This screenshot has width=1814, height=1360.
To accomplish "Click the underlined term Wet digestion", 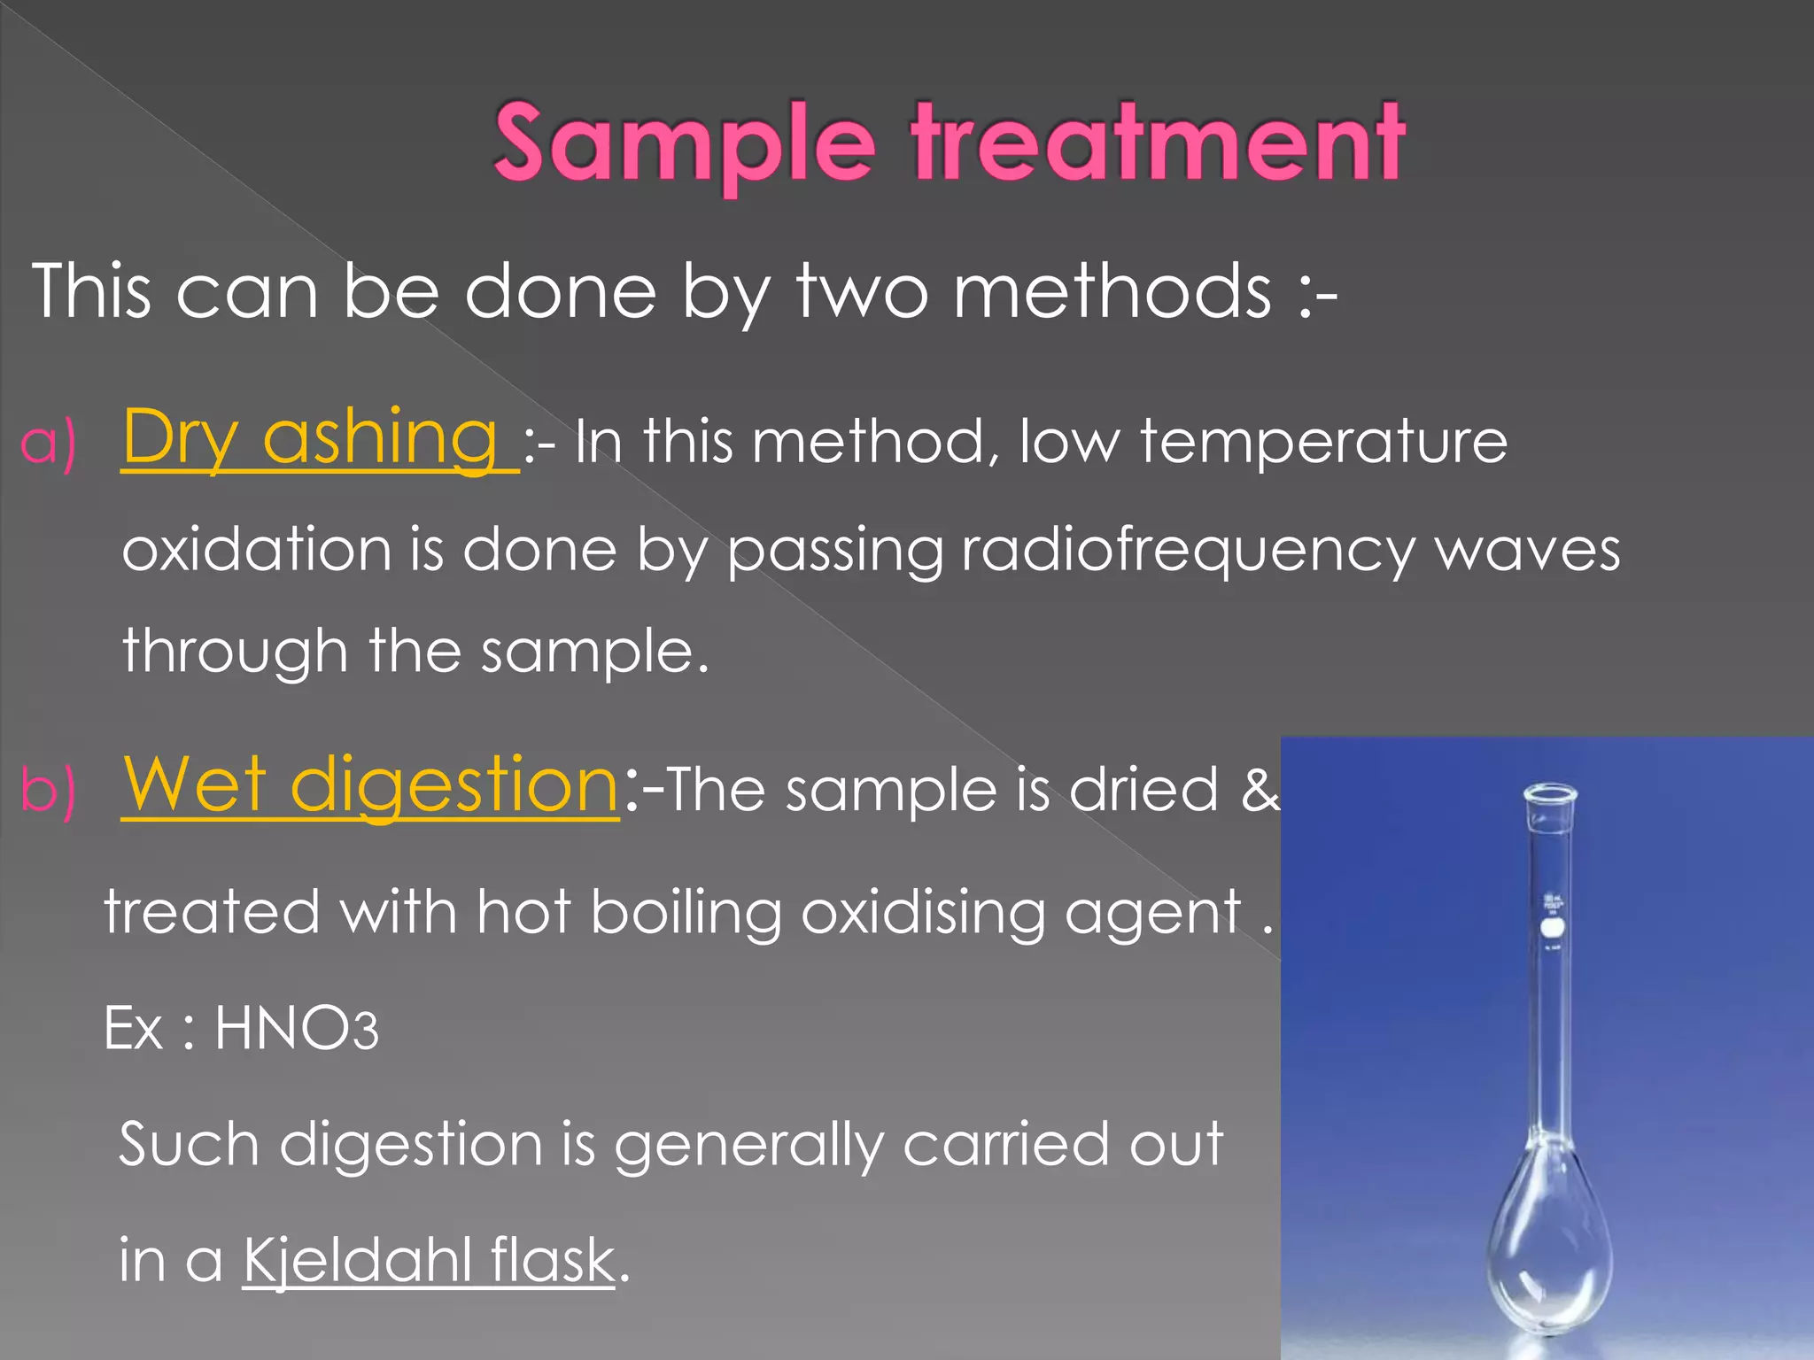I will pyautogui.click(x=370, y=785).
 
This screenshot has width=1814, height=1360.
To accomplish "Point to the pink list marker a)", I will pyautogui.click(x=48, y=442).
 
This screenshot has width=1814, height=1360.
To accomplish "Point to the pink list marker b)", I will pyautogui.click(x=48, y=789).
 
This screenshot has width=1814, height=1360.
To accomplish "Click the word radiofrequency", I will pyautogui.click(x=1188, y=551).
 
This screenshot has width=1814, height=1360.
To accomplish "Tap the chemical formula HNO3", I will pyautogui.click(x=296, y=1028).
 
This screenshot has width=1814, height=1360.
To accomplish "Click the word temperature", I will pyautogui.click(x=1323, y=440).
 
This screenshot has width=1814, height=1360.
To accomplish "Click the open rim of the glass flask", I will pyautogui.click(x=1550, y=792).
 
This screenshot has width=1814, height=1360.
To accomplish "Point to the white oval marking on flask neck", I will pyautogui.click(x=1553, y=929).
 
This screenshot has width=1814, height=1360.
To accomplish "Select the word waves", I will pyautogui.click(x=1527, y=551).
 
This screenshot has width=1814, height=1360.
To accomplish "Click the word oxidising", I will pyautogui.click(x=922, y=911).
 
